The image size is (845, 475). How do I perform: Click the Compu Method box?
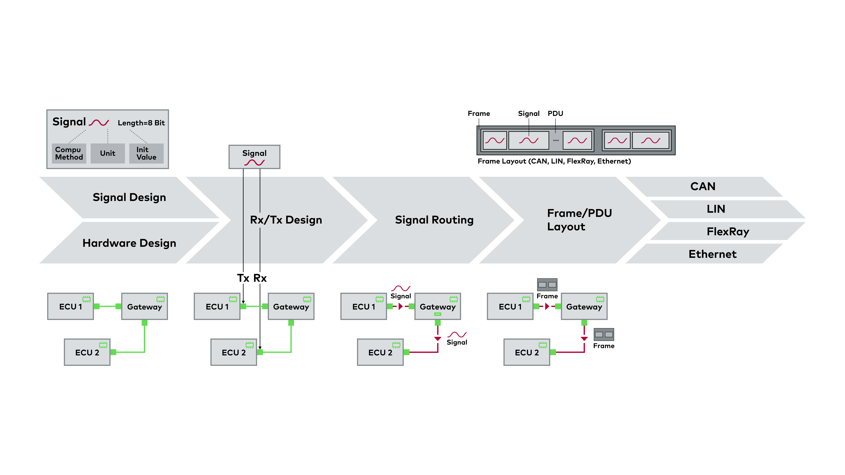coord(69,153)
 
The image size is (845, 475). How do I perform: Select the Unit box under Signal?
coord(108,153)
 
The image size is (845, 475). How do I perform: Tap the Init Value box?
coord(146,153)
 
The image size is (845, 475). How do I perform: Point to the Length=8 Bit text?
coord(141,123)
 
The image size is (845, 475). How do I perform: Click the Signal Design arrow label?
coord(129,197)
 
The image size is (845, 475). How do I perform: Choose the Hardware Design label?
coord(129,243)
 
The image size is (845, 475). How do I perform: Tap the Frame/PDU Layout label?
coord(579,220)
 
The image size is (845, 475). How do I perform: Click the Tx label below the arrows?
coord(243,278)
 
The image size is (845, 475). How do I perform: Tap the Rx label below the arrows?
coord(260,278)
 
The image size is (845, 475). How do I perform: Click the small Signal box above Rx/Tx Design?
coord(254,157)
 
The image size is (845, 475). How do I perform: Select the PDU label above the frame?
coord(555,113)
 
